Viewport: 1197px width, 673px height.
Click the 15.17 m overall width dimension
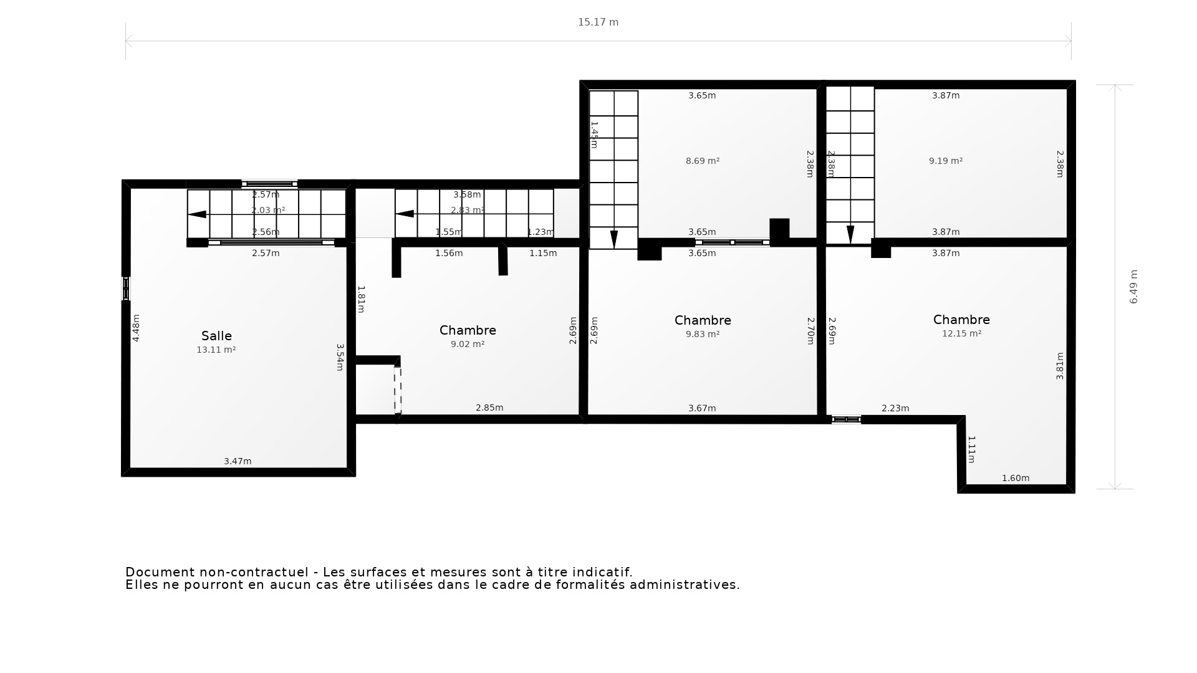point(598,22)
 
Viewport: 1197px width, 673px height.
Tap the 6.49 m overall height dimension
point(1133,287)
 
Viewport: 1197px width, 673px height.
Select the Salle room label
point(216,336)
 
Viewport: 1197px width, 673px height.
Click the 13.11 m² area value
point(216,350)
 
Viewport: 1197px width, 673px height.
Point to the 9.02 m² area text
point(468,344)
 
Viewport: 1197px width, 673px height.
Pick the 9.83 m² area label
point(703,334)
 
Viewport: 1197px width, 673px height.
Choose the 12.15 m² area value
point(961,333)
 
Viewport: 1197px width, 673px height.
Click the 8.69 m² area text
point(703,161)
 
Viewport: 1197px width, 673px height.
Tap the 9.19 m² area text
point(946,161)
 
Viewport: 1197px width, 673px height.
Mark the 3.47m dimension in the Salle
point(238,461)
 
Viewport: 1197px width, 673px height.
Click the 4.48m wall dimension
point(136,328)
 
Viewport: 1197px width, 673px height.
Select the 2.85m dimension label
point(489,408)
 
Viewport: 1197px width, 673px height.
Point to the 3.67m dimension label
point(702,408)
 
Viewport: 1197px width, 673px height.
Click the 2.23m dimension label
point(895,408)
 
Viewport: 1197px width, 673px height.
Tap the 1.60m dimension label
point(1016,478)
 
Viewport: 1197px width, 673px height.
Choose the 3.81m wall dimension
point(1059,366)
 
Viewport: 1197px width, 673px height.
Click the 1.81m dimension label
point(361,299)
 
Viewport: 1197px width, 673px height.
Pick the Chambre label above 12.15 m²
point(961,320)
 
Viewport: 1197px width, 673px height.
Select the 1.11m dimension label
point(971,449)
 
